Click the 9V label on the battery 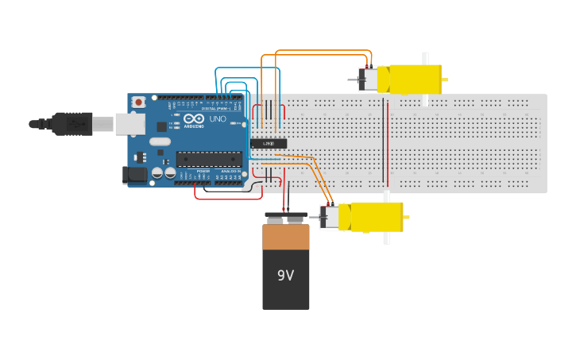coord(285,276)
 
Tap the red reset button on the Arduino coord(139,102)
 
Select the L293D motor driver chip coord(269,143)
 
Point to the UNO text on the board coord(218,119)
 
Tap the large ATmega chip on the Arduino coord(209,158)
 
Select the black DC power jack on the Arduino coord(135,175)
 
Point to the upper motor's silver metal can coord(369,79)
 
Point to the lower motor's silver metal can coord(330,217)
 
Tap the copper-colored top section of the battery coord(285,237)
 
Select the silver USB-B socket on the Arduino coord(129,124)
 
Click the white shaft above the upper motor coord(425,58)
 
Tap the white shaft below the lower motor coord(387,238)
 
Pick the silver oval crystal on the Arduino coord(160,141)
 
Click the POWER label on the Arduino coord(203,171)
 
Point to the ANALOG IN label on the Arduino coord(230,171)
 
